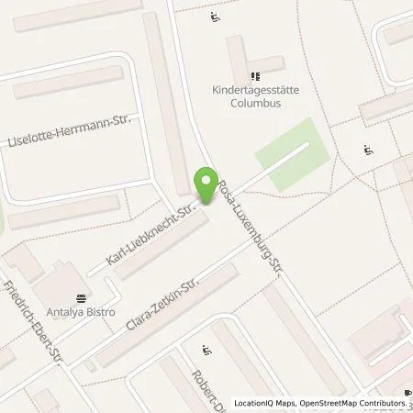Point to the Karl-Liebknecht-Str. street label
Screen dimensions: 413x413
pos(151,237)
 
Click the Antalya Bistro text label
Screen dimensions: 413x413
pos(82,312)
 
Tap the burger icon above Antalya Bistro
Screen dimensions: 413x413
pos(82,297)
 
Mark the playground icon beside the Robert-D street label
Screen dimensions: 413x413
pos(206,350)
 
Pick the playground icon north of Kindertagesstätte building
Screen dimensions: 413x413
pos(215,17)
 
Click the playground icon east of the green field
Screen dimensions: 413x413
pos(368,150)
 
